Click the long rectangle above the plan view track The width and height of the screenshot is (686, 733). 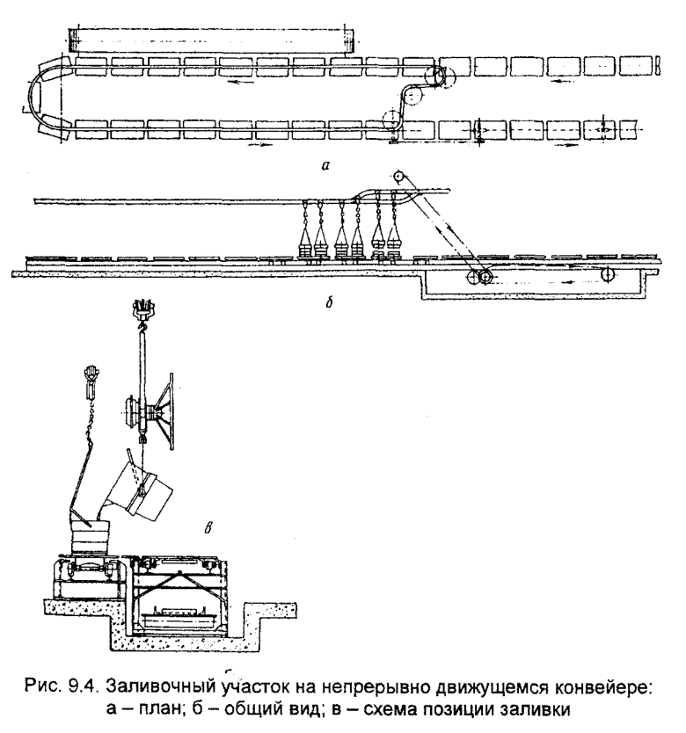211,39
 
